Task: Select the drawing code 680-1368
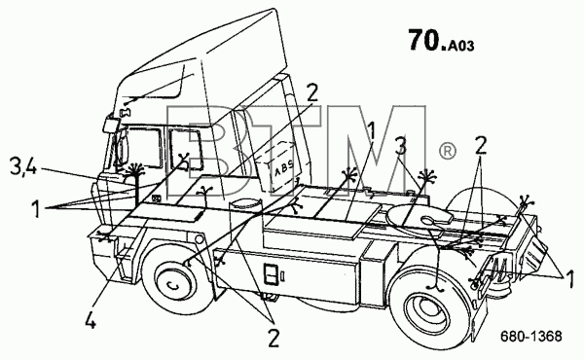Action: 530,337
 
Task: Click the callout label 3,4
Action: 22,167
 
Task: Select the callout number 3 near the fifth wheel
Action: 401,146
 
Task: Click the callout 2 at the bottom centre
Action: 273,338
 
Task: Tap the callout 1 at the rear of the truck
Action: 569,279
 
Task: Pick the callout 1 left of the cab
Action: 36,208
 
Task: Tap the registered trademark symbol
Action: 447,152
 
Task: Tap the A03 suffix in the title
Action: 461,46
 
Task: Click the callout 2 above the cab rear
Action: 312,93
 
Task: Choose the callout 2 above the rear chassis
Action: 481,146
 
